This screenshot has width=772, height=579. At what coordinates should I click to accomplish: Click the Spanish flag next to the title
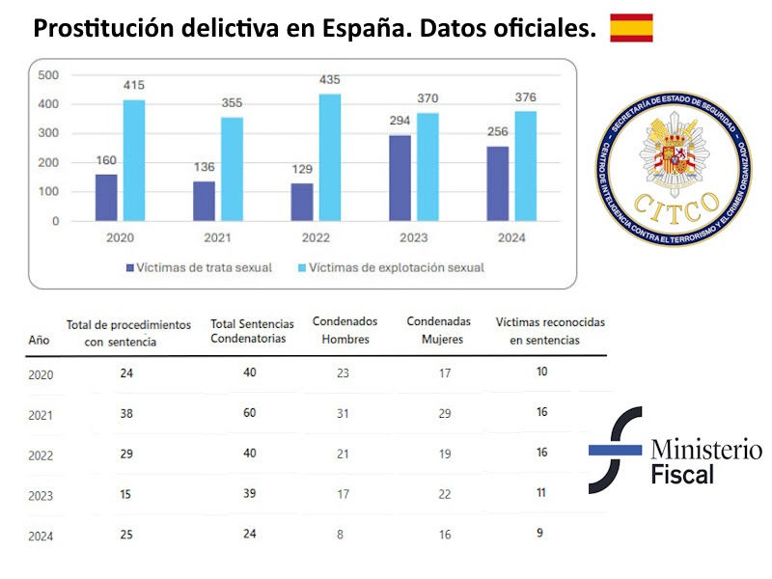click(x=631, y=28)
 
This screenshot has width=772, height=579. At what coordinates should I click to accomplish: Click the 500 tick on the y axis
click(x=47, y=75)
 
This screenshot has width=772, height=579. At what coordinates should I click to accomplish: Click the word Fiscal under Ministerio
click(x=682, y=475)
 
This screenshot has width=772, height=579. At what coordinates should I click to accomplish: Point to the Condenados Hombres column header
click(x=345, y=330)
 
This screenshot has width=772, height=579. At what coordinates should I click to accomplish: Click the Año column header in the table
click(x=39, y=340)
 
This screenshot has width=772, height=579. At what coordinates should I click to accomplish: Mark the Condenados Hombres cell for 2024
click(x=343, y=535)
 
